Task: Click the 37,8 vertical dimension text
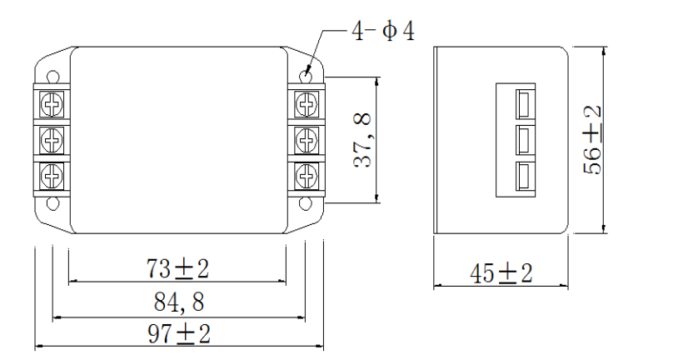click(363, 141)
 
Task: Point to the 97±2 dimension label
click(177, 333)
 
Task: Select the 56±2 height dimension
click(592, 138)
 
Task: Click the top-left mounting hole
click(52, 77)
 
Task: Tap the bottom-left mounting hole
click(52, 202)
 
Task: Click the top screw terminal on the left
click(52, 103)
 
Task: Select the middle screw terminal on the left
click(52, 139)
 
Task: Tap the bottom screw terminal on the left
click(52, 175)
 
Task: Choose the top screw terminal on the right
click(307, 103)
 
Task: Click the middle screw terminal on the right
click(307, 139)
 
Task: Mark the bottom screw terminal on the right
click(307, 175)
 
